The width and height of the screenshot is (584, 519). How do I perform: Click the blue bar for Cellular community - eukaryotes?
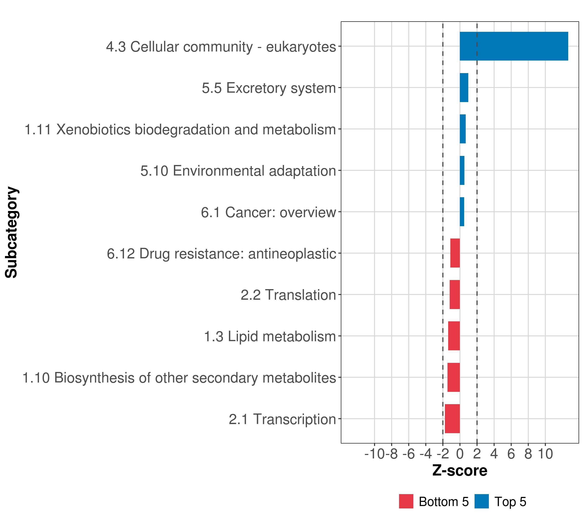point(513,46)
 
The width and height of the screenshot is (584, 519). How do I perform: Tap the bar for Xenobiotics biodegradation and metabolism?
point(463,129)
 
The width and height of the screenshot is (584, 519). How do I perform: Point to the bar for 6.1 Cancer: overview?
point(462,212)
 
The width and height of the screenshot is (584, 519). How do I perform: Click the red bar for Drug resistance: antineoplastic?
point(455,253)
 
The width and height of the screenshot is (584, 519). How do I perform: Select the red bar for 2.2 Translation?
point(455,295)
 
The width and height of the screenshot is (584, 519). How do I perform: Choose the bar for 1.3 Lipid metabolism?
point(454,336)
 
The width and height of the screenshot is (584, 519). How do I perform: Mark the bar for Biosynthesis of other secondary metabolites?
point(453,377)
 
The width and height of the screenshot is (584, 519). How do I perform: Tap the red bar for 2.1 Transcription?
point(452,419)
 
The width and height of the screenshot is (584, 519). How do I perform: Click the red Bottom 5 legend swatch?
point(406,501)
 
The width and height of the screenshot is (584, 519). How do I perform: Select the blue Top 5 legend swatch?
point(481,501)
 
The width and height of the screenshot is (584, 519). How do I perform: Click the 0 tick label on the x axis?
point(460,454)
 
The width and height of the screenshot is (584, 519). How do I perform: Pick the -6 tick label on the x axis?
point(409,454)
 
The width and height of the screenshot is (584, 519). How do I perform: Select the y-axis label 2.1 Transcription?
point(282,419)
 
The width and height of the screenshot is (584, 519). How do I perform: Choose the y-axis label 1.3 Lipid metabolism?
point(270,336)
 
